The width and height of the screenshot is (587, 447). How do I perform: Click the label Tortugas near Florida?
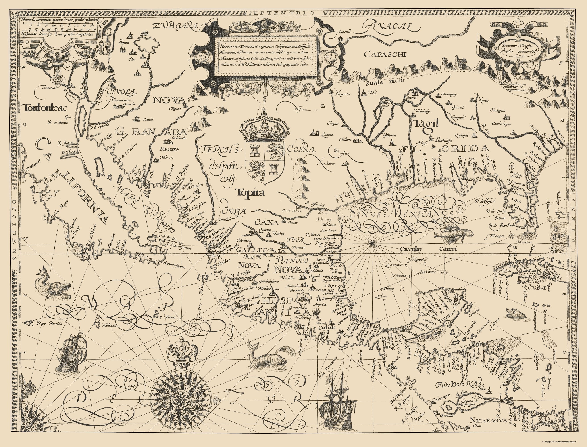pyautogui.click(x=497, y=236)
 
